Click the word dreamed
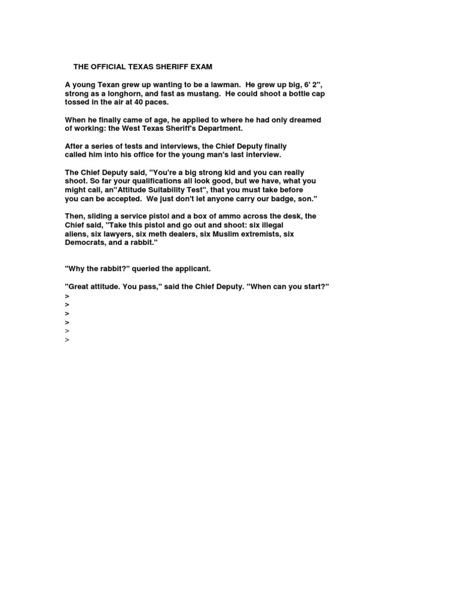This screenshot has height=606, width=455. coord(305,120)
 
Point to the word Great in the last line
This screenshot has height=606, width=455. coord(79,286)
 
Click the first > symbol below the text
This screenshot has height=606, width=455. coord(67,295)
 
